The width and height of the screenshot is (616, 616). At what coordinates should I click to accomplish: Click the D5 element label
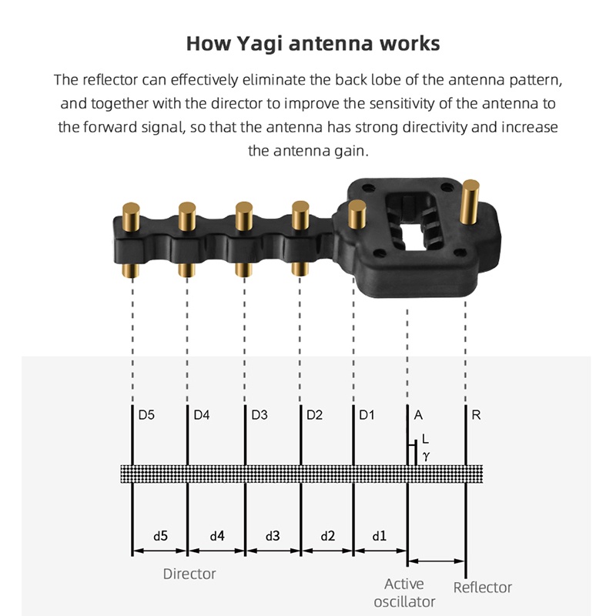pos(146,415)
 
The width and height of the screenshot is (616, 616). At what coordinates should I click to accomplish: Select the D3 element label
pos(259,415)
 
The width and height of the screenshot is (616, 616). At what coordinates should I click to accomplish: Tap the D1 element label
pos(367,415)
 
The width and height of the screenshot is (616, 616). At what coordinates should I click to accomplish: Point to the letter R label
pos(476,415)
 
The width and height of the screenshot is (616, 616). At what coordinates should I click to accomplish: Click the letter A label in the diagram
pos(418,415)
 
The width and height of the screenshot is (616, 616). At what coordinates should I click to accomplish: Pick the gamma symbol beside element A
pos(427,457)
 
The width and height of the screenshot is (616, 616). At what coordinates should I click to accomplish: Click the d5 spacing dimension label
pos(160,536)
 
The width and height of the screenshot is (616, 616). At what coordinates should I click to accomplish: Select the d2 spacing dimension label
pos(328,536)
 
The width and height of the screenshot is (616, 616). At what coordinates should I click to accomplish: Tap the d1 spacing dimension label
pos(379,536)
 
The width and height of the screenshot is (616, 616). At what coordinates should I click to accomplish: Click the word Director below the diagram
pos(189,574)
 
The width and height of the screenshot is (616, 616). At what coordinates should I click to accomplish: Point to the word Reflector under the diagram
pos(483,588)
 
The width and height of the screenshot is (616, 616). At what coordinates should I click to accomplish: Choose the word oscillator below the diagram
pos(404,602)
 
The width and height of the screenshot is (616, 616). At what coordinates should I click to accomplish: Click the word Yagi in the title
pos(259,44)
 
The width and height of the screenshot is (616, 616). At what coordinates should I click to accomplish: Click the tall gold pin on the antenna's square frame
pos(470,202)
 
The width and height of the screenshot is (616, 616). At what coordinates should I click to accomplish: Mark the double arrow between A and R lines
pos(437,561)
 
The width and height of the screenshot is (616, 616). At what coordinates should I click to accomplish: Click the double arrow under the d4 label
pos(216,551)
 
